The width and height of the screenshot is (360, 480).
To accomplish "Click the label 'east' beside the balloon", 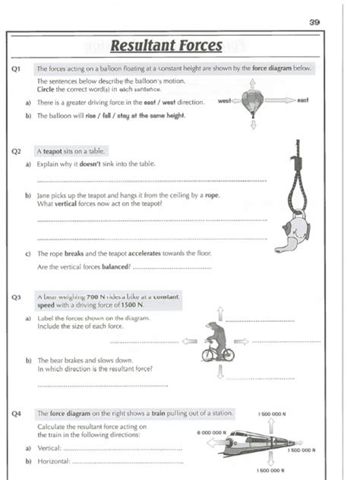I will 303,100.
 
